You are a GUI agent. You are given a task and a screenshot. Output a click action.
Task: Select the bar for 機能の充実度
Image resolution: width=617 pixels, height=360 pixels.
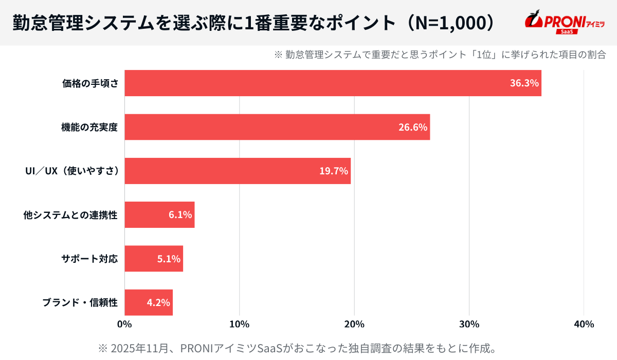277,127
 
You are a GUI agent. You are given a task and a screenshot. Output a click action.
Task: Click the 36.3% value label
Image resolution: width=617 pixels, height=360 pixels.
524,83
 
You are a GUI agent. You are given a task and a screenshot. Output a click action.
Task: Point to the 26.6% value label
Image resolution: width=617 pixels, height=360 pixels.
413,127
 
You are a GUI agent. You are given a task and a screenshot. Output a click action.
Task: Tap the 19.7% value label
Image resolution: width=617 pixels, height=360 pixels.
334,171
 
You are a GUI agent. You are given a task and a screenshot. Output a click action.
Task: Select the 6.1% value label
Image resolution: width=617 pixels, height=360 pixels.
180,214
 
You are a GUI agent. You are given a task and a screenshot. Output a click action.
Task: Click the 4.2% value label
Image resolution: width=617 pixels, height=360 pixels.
158,302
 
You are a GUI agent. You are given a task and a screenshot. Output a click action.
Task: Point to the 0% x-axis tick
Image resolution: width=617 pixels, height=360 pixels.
124,324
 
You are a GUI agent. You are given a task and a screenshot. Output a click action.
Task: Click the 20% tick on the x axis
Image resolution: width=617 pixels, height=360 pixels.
354,324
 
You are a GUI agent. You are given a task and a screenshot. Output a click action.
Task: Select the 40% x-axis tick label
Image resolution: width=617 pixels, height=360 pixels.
584,324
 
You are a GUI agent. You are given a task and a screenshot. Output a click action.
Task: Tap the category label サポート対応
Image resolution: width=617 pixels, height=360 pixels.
89,259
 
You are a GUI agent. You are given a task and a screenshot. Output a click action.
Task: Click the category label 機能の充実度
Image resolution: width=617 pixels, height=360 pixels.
89,128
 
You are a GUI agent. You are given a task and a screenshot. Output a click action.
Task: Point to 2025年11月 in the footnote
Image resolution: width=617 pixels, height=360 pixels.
138,348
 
